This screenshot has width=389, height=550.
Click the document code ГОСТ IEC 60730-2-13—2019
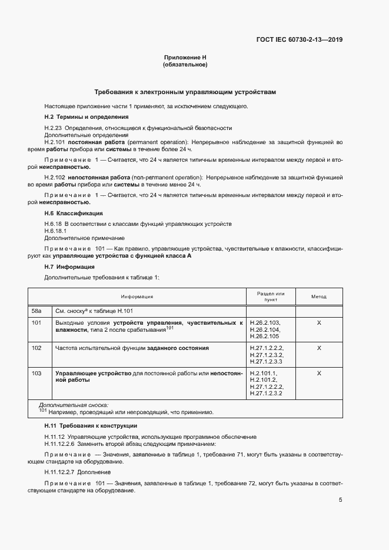[300, 40]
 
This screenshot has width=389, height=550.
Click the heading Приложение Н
[185, 57]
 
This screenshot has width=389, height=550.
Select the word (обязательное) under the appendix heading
[185, 65]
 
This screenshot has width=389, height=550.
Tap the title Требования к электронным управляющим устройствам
[185, 92]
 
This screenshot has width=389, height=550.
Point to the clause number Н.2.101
[55, 143]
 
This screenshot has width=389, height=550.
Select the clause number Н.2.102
[55, 177]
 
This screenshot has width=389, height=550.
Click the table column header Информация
[137, 297]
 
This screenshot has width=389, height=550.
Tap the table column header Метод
[318, 297]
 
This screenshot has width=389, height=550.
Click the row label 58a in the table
[36, 311]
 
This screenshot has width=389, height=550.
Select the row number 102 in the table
[36, 348]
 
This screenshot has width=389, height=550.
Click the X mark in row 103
[319, 374]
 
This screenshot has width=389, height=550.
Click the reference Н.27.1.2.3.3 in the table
[267, 362]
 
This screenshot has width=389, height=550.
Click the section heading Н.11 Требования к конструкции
[91, 425]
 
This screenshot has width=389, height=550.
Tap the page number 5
[340, 500]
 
